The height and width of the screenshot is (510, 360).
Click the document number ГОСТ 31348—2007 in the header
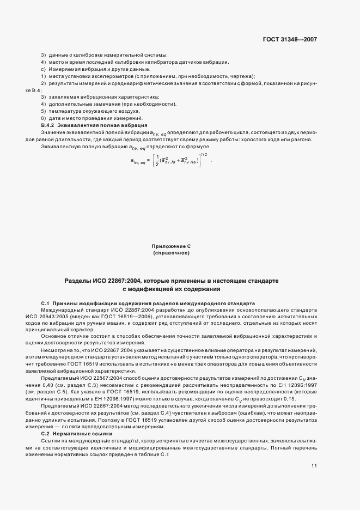point(290,39)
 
